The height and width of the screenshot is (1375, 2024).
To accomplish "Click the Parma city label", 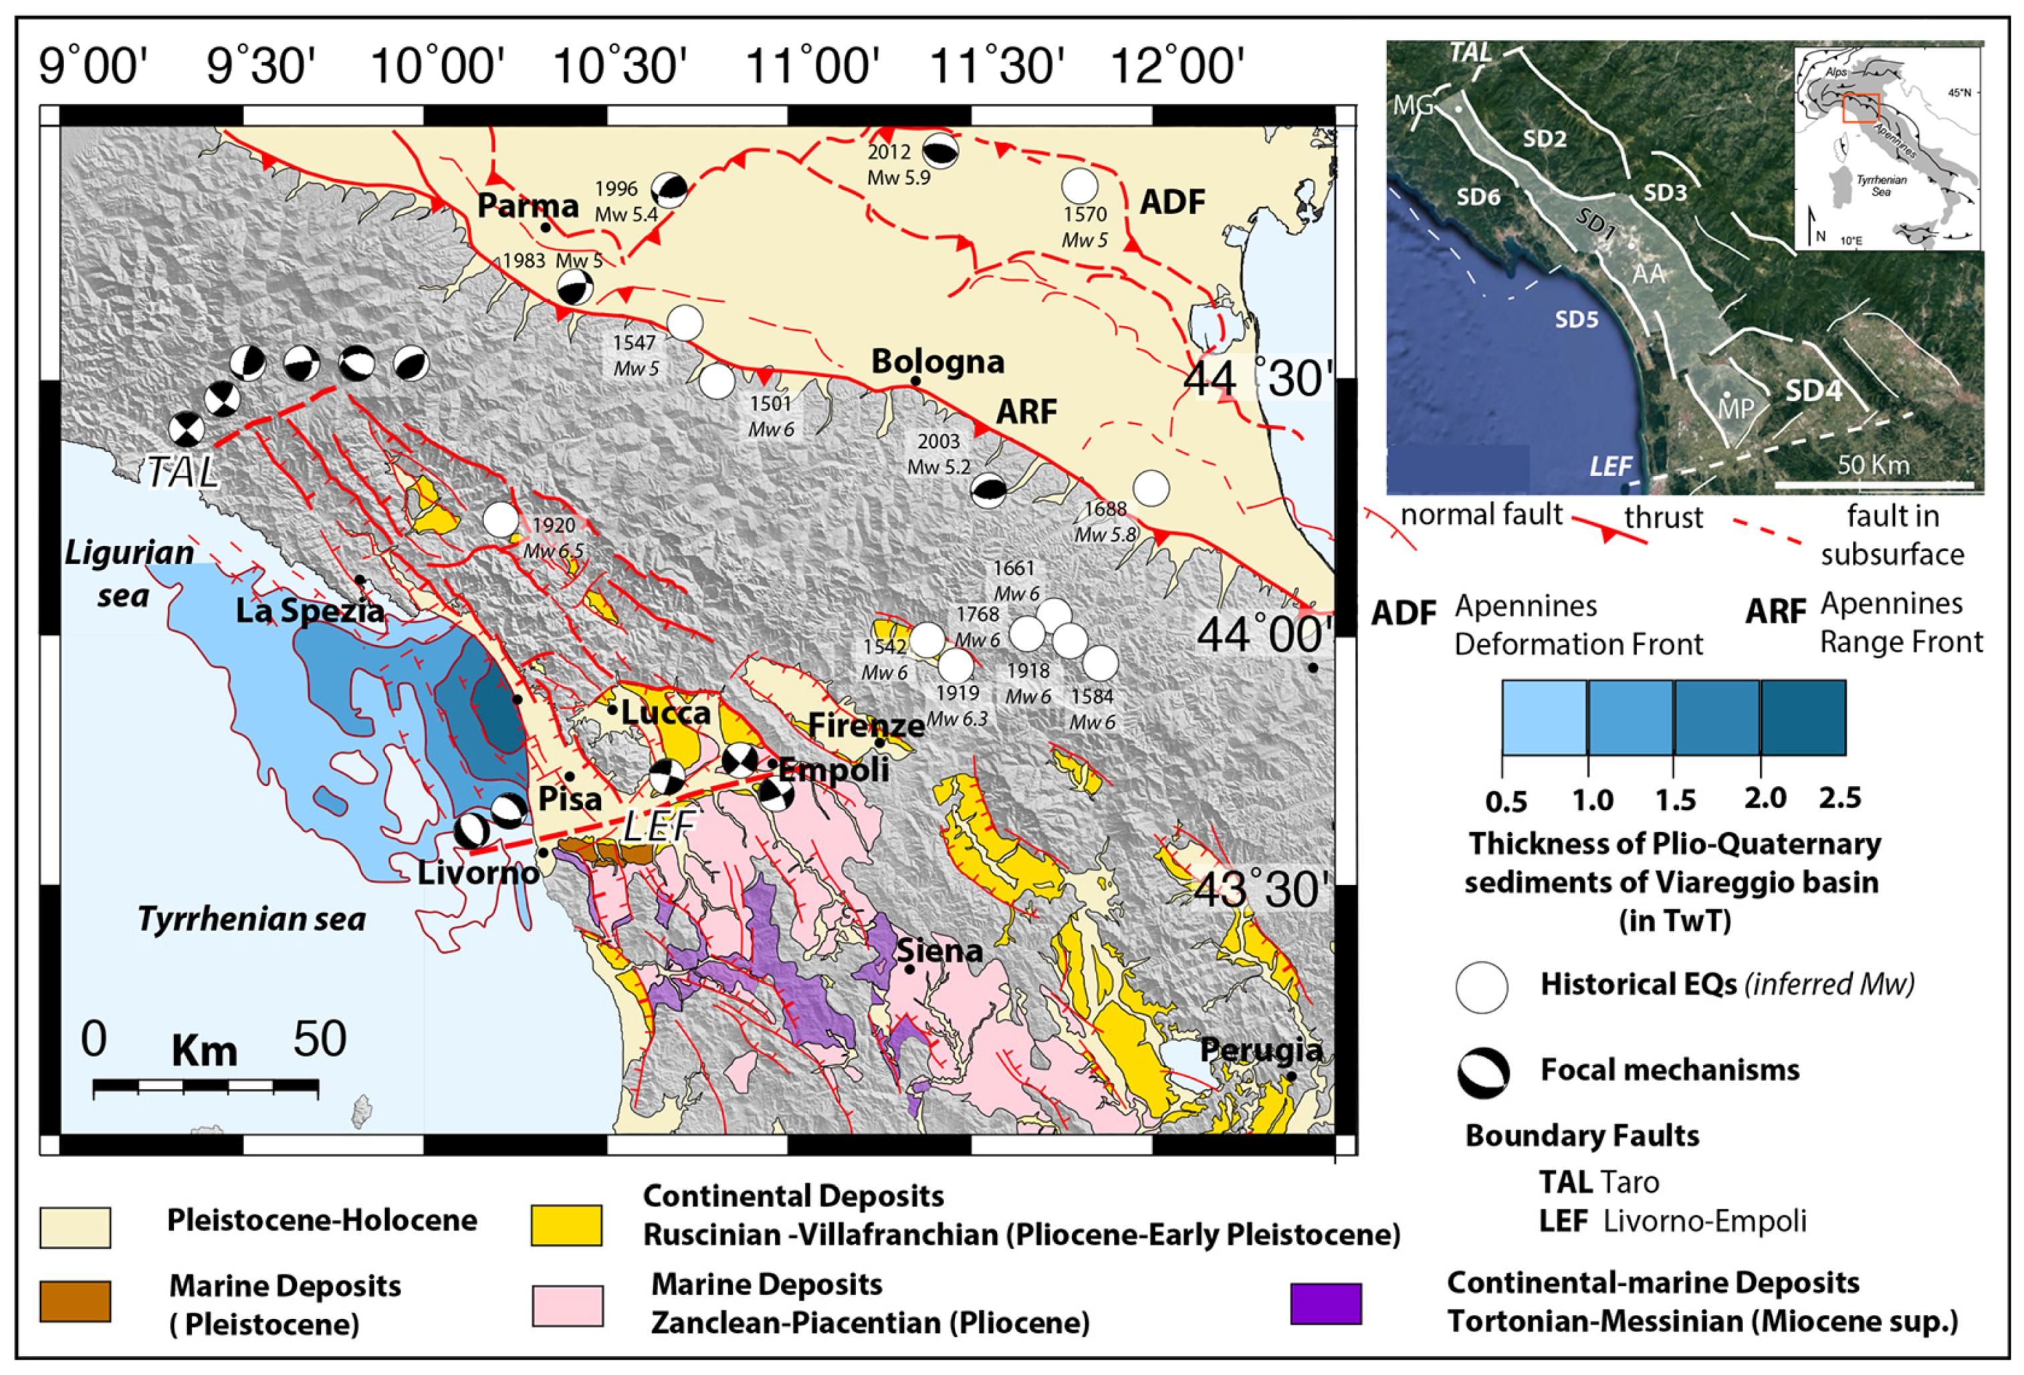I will pyautogui.click(x=528, y=207).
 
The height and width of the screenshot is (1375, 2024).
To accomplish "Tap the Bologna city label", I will pyautogui.click(x=938, y=362).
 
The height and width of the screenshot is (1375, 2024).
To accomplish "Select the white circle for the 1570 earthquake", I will pyautogui.click(x=1080, y=186).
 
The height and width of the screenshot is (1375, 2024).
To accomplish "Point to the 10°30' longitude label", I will pyautogui.click(x=619, y=66).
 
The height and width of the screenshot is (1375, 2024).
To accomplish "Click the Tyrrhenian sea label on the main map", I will pyautogui.click(x=251, y=918).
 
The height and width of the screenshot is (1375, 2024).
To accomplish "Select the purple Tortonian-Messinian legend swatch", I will pyautogui.click(x=1325, y=1303).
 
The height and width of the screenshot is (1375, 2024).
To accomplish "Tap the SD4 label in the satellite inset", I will pyautogui.click(x=1813, y=391).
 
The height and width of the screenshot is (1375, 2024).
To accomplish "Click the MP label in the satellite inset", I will pyautogui.click(x=1735, y=408).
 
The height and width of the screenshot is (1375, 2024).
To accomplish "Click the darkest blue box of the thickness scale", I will pyautogui.click(x=1803, y=717).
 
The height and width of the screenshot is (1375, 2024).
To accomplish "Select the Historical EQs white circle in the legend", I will pyautogui.click(x=1482, y=987).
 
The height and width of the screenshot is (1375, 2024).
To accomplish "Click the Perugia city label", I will pyautogui.click(x=1261, y=1050).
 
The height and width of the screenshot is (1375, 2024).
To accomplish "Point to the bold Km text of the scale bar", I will pyautogui.click(x=205, y=1051).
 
